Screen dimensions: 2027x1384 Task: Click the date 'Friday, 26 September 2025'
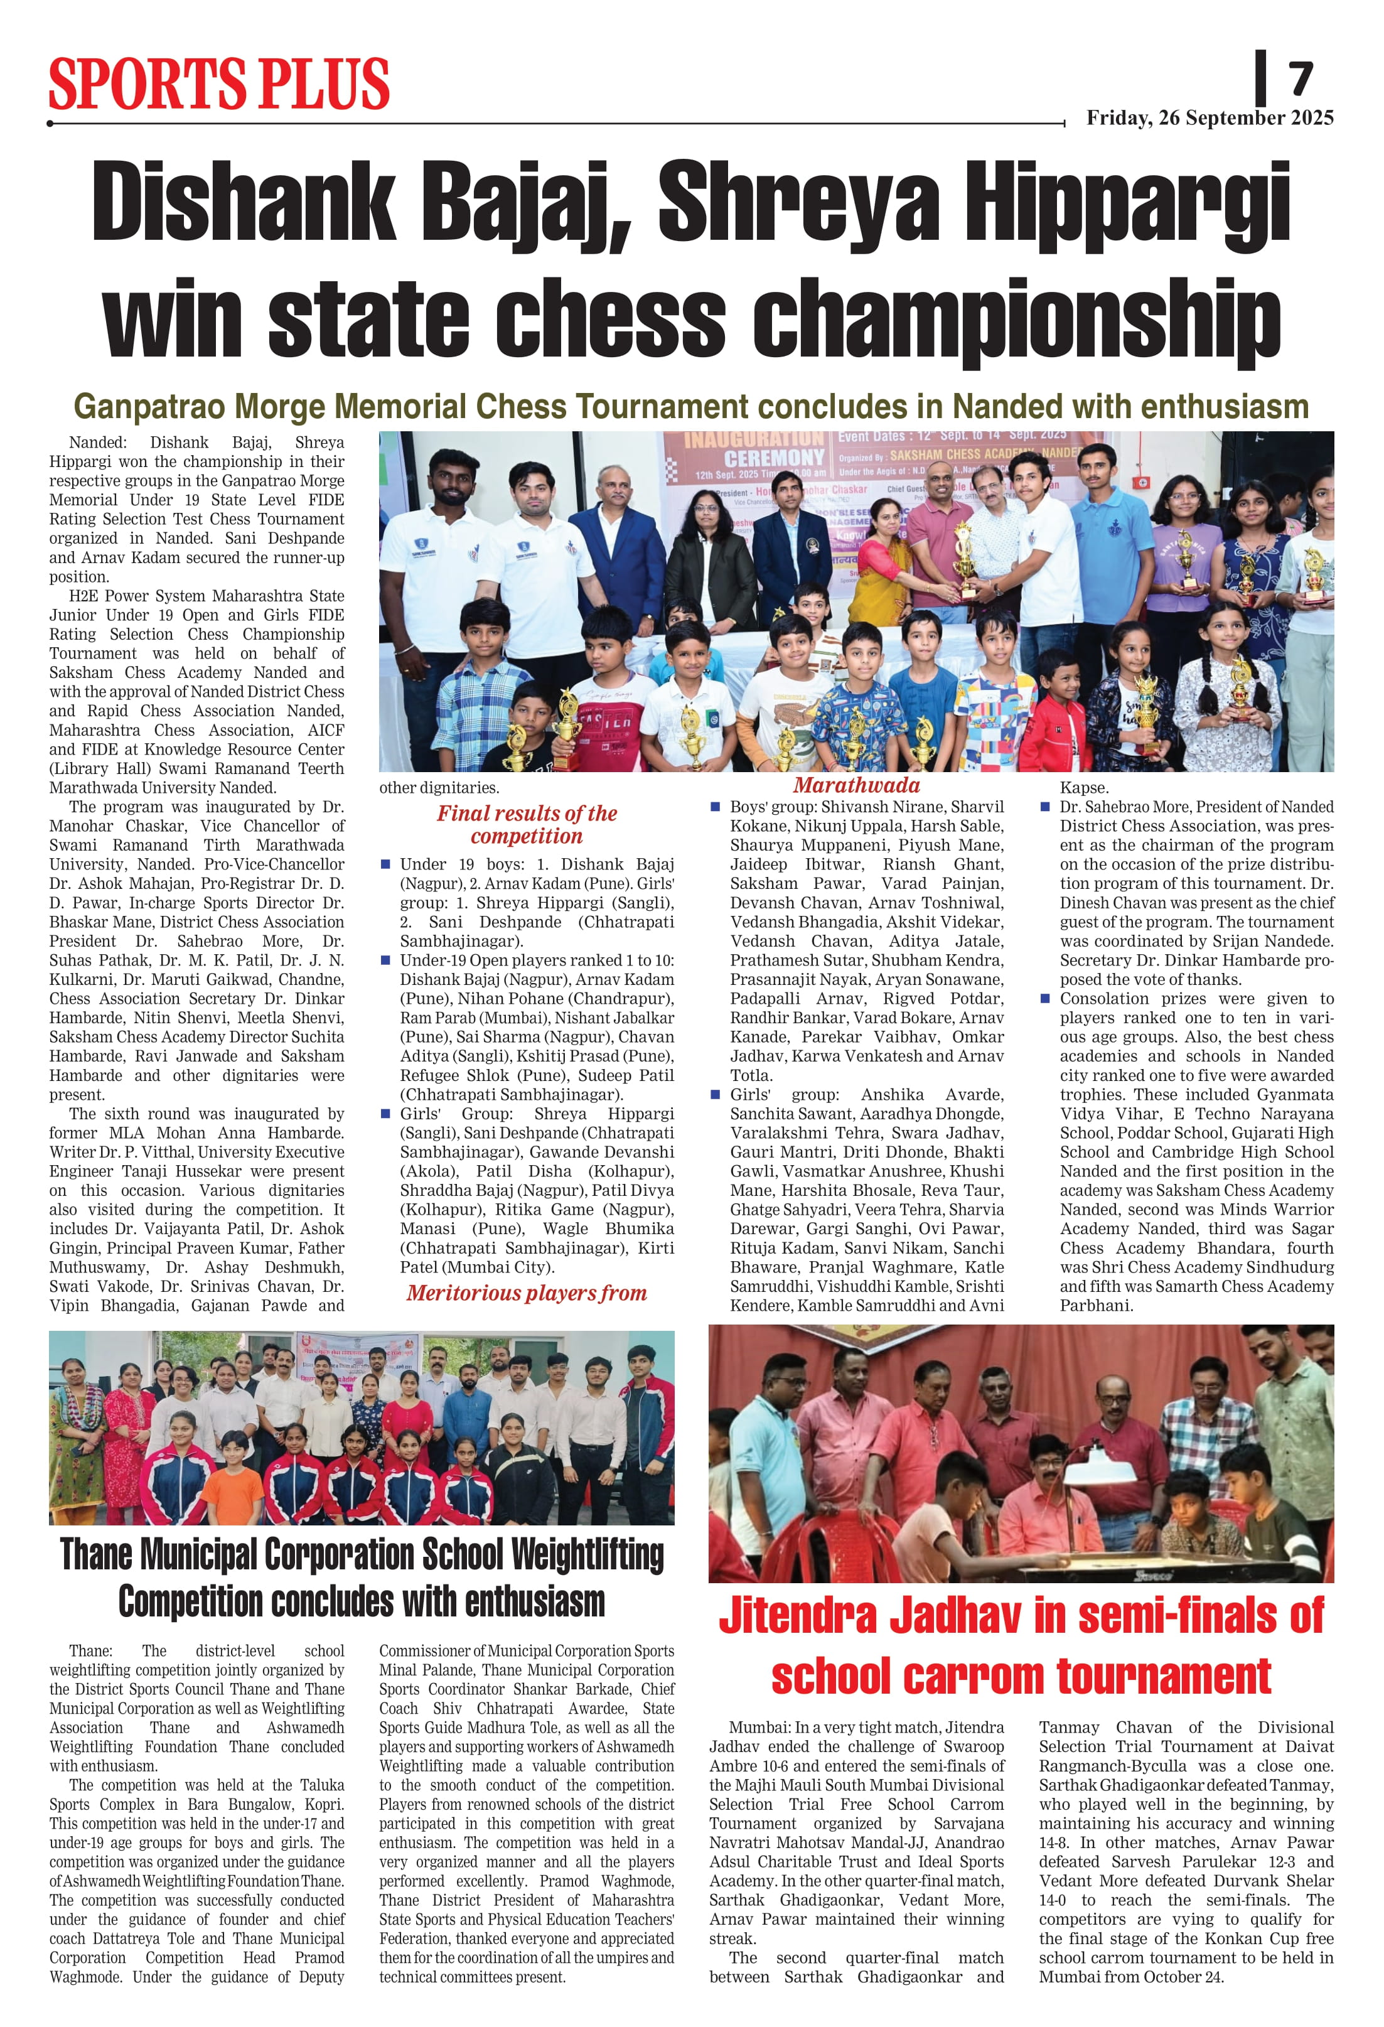click(x=1209, y=118)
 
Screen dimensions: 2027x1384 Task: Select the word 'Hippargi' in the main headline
click(x=1127, y=205)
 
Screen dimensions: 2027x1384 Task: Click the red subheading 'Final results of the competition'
click(x=527, y=824)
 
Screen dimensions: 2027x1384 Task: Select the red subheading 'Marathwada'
click(x=856, y=785)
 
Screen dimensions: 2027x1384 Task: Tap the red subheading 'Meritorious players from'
click(x=527, y=1293)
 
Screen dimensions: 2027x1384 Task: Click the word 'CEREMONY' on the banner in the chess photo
click(x=773, y=457)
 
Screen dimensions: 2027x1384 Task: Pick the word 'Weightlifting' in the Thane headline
click(x=587, y=1554)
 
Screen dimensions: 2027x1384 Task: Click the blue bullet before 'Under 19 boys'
click(x=385, y=864)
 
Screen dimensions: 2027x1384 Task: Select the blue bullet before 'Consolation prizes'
click(x=1045, y=999)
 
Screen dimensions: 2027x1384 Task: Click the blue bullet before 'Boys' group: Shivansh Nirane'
click(x=715, y=807)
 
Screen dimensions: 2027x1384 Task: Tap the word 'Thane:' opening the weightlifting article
click(x=90, y=1651)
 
